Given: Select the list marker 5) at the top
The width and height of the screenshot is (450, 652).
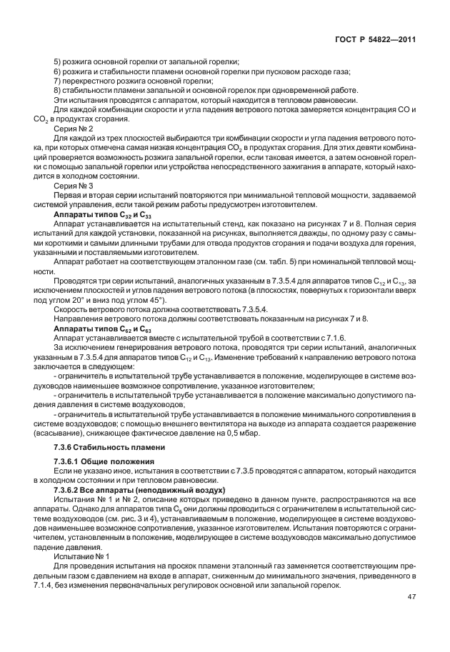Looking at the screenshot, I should pos(59,64).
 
